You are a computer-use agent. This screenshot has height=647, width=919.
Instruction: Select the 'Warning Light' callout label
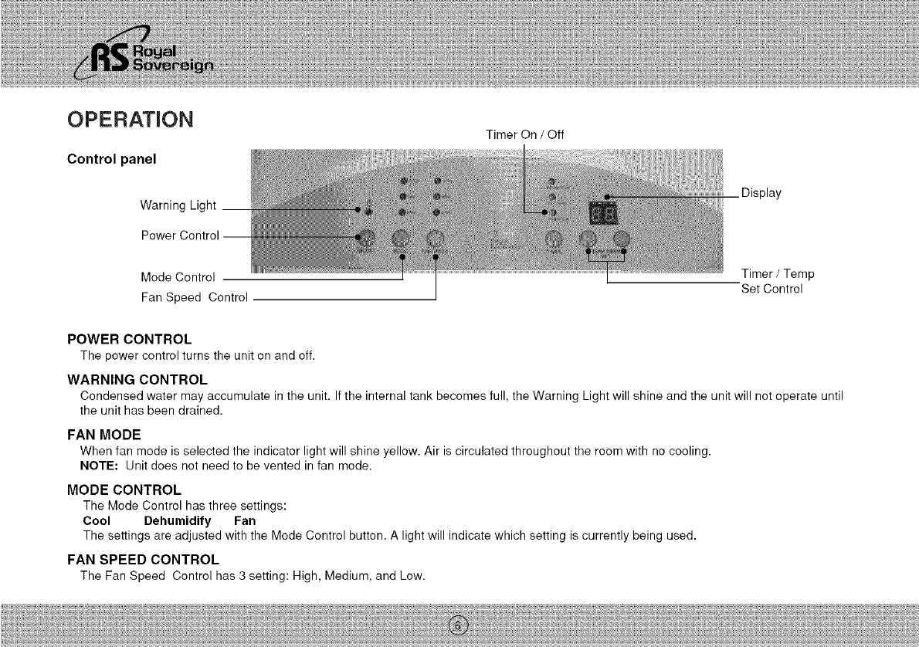178,205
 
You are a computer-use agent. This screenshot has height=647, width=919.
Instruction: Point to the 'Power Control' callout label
180,235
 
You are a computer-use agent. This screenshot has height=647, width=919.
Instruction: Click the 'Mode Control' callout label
177,276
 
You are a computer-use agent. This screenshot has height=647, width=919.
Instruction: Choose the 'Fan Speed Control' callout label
194,297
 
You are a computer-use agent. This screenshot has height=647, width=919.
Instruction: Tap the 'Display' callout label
761,193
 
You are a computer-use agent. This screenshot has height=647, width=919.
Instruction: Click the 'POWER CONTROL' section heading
129,340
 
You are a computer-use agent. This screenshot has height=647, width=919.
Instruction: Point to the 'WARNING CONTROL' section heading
137,380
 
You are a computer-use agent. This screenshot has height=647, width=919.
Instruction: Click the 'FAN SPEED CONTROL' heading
143,559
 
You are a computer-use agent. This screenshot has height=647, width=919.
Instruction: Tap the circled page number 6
459,625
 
